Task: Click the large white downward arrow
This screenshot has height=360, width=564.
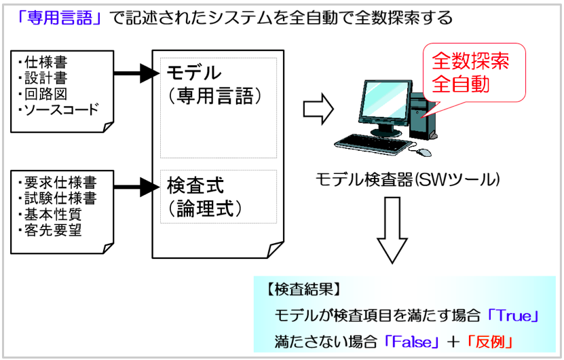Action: (391, 231)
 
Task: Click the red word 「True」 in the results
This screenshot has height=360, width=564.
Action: (514, 316)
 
